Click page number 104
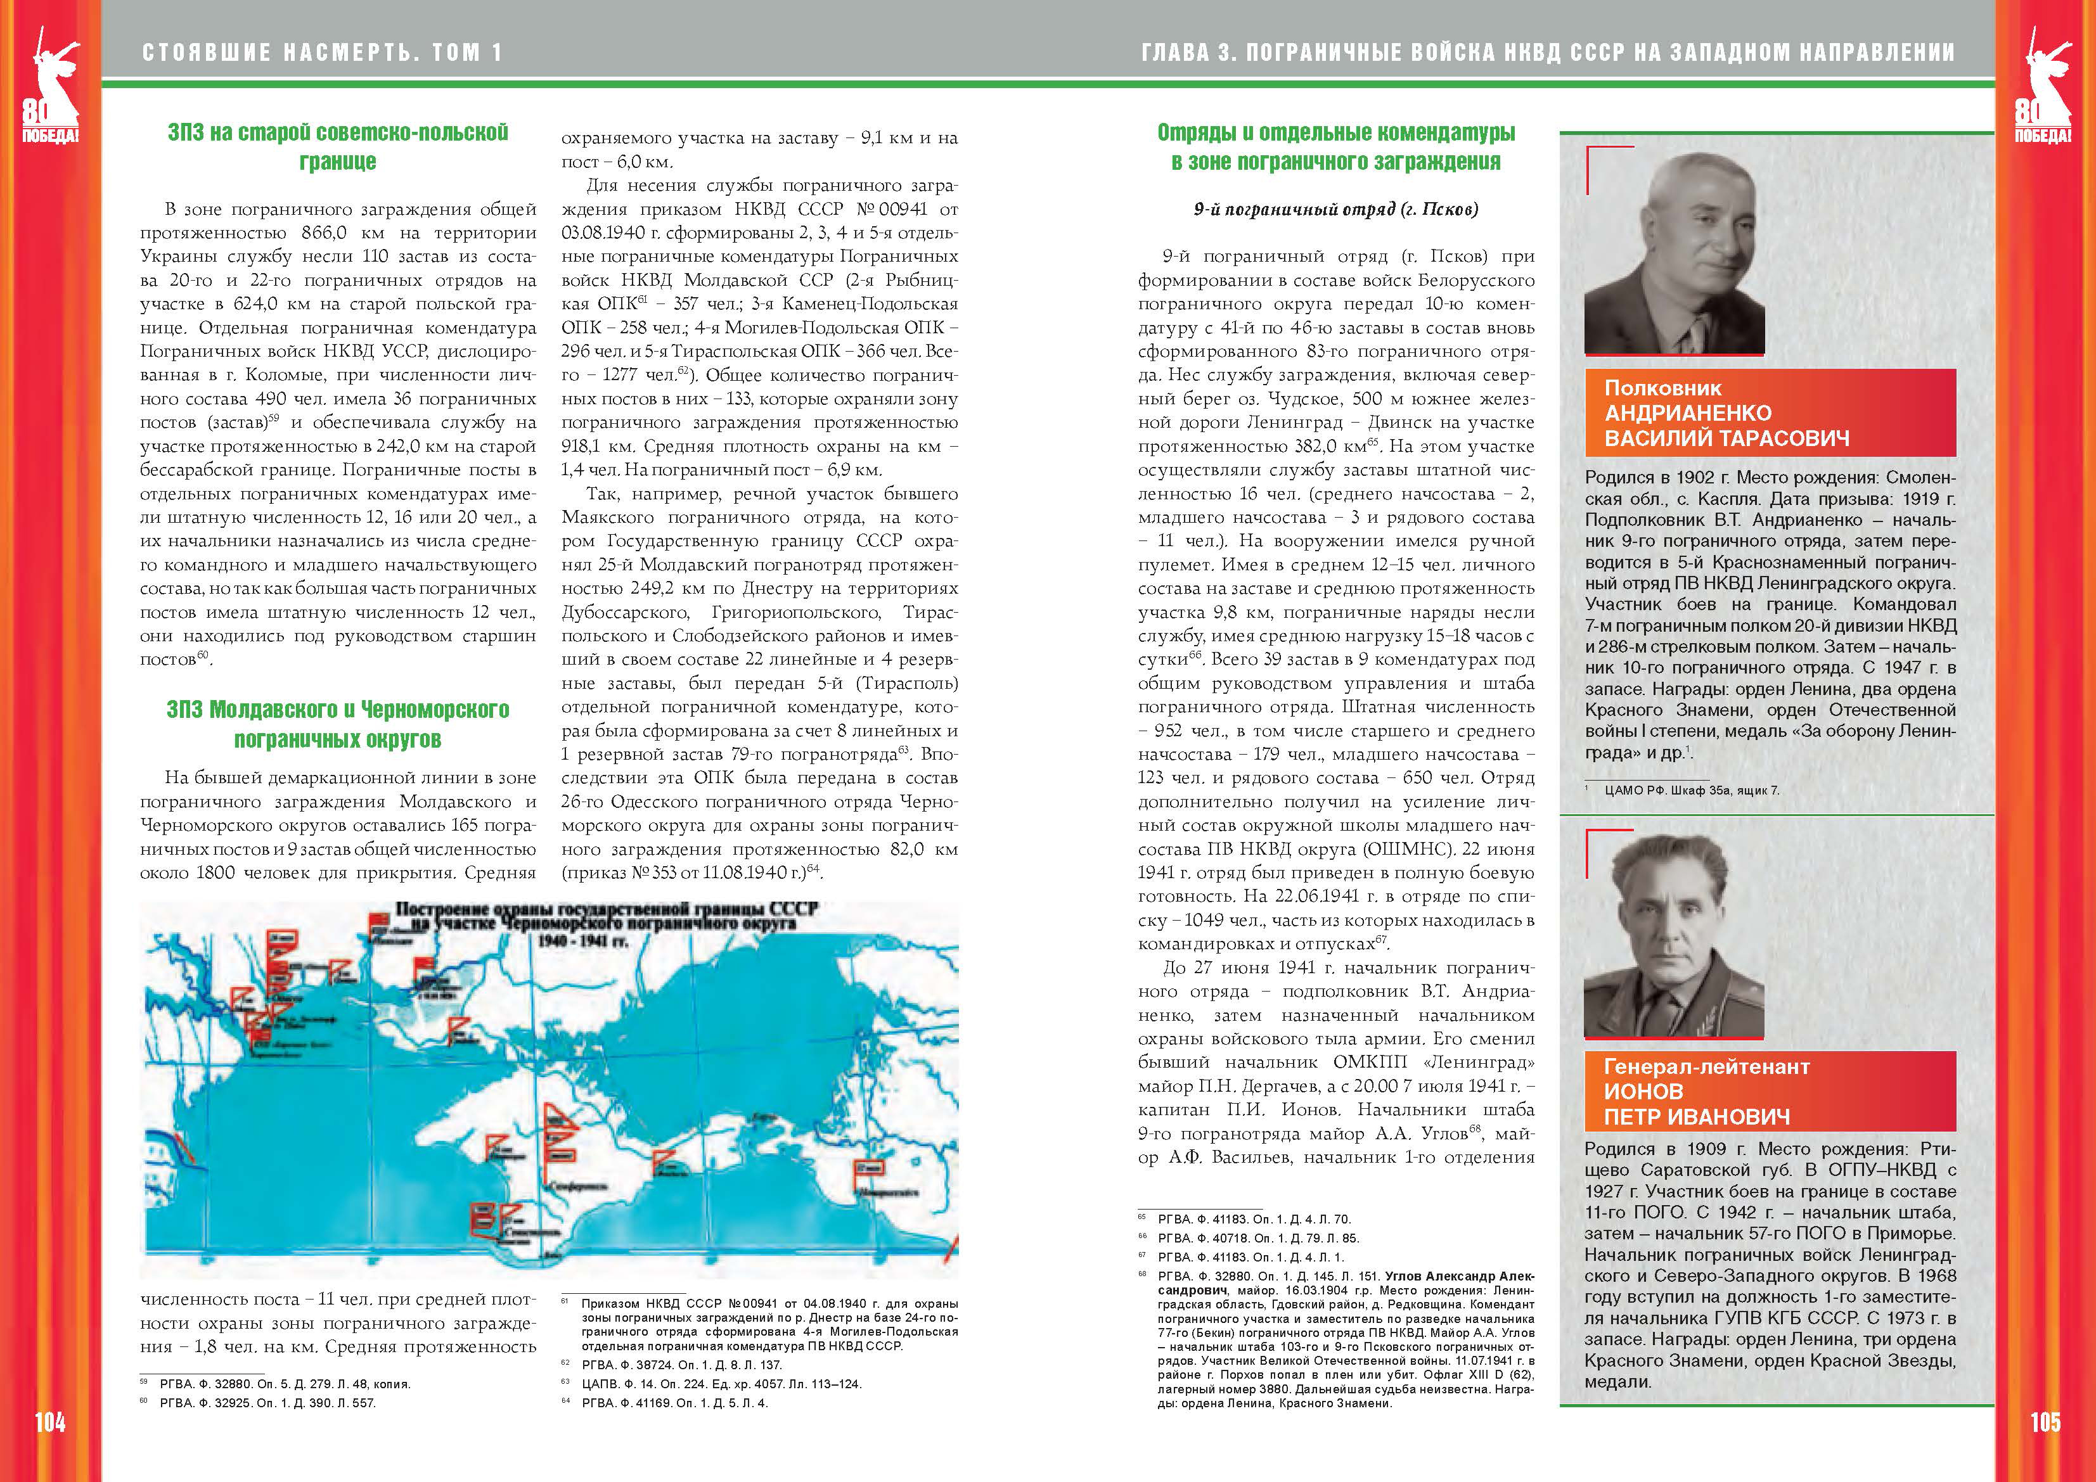coord(50,1422)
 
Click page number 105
coord(2045,1422)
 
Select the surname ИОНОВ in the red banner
coord(1643,1092)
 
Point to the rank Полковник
coord(1662,388)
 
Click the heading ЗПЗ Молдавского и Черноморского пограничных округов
coord(338,724)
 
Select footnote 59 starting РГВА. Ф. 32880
coord(283,1383)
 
